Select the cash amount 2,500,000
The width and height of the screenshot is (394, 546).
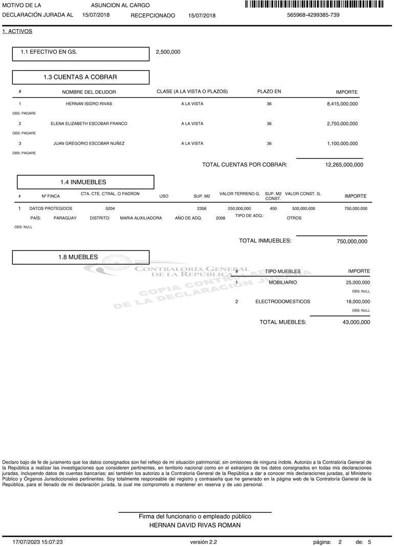coord(168,52)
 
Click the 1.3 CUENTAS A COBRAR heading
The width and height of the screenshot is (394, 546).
coord(80,77)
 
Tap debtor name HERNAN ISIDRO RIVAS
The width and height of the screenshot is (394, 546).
coord(89,104)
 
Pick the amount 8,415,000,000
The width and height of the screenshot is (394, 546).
coord(342,104)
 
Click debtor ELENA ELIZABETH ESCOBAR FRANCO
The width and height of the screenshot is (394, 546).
coord(89,124)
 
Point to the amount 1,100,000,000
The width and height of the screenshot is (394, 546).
coord(342,144)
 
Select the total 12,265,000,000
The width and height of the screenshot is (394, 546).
coord(344,165)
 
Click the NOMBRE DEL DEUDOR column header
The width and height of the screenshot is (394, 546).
coord(89,92)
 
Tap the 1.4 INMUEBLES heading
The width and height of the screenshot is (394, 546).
coord(83,182)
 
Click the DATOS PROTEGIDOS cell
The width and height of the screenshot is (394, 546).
coord(51,209)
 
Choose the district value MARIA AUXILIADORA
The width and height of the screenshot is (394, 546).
coord(141,218)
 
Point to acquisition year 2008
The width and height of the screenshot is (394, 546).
coord(221,218)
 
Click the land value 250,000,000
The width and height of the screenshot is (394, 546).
coord(239,209)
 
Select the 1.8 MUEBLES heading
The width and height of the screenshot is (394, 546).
coord(78,257)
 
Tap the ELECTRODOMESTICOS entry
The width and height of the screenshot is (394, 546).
coord(282,302)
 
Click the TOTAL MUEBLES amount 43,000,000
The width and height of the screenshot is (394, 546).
coord(356,322)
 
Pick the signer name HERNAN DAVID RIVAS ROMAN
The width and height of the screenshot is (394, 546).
coord(194,526)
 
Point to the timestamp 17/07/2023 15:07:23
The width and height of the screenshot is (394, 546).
coord(38,541)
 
